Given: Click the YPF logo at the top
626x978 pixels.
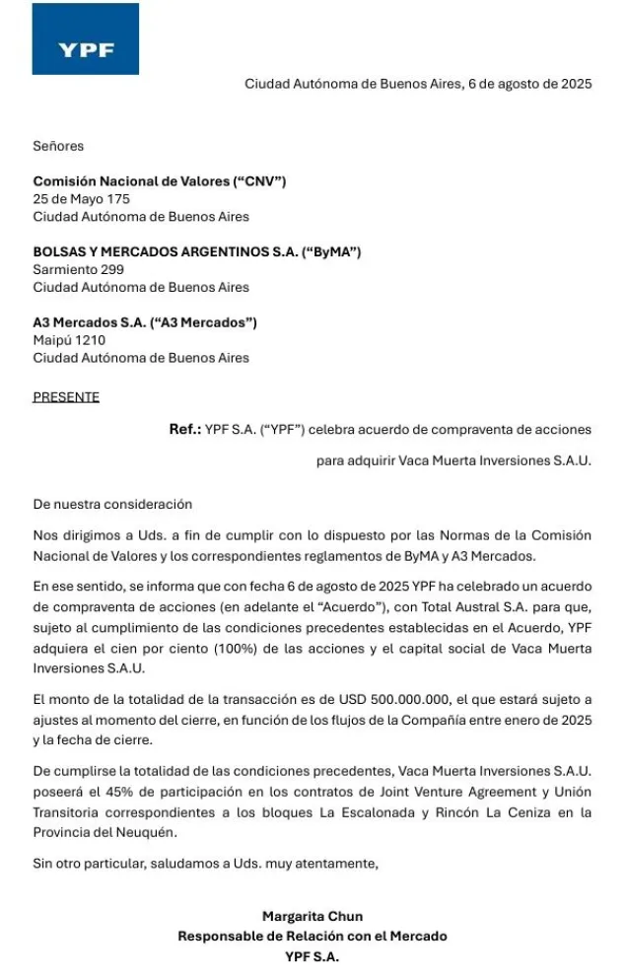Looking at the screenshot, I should (86, 39).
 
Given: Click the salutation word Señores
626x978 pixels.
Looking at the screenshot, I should (58, 146).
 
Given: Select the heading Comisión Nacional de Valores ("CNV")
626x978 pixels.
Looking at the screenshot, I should (159, 181).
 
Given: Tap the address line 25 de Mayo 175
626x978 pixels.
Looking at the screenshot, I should (81, 199).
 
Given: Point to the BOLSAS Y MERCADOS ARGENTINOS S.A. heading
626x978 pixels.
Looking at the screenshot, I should (197, 252).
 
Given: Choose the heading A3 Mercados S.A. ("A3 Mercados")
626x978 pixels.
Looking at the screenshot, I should (145, 322).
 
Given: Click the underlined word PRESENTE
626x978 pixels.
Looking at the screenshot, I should (66, 397).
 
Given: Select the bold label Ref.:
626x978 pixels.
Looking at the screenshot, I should (184, 430).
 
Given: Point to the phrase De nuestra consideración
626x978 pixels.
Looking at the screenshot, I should (112, 504).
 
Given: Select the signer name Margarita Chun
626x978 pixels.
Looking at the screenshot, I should (313, 917).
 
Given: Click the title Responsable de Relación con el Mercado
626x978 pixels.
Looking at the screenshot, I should (312, 936).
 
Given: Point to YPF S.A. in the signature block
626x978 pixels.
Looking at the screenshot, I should (312, 955).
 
